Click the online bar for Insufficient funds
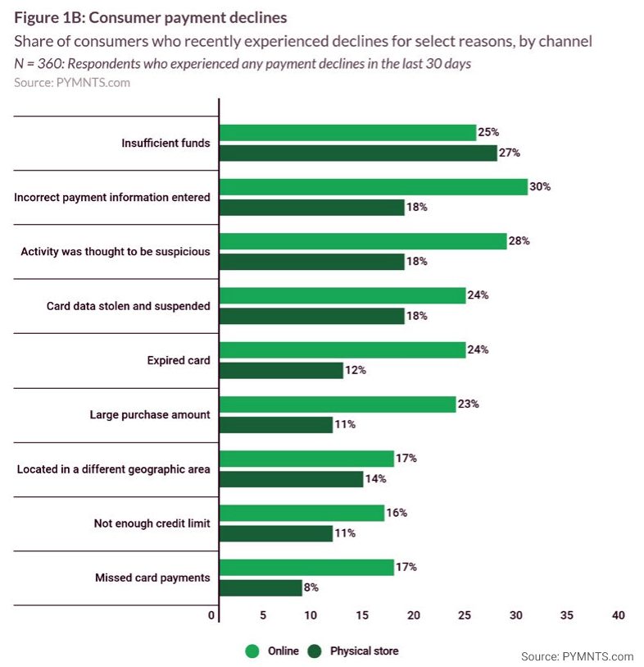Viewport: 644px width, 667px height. (x=348, y=132)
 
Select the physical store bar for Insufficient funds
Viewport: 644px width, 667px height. (x=359, y=153)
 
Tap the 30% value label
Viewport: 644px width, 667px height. (x=540, y=186)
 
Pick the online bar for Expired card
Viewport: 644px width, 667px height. (x=342, y=349)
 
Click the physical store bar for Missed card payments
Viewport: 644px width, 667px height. (x=261, y=587)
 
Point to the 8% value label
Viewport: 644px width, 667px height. (x=311, y=587)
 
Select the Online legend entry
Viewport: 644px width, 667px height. (x=274, y=651)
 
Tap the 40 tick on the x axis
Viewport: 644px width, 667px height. (x=619, y=615)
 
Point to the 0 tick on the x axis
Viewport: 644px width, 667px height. (x=212, y=615)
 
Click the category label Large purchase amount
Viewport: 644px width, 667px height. (x=150, y=414)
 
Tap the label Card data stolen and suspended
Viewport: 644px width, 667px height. (x=128, y=306)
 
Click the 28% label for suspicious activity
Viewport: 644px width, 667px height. (x=519, y=241)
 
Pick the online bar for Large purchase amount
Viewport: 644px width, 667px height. (x=338, y=404)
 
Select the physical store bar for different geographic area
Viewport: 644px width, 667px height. (x=292, y=478)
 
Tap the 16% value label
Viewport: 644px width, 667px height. (x=397, y=513)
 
